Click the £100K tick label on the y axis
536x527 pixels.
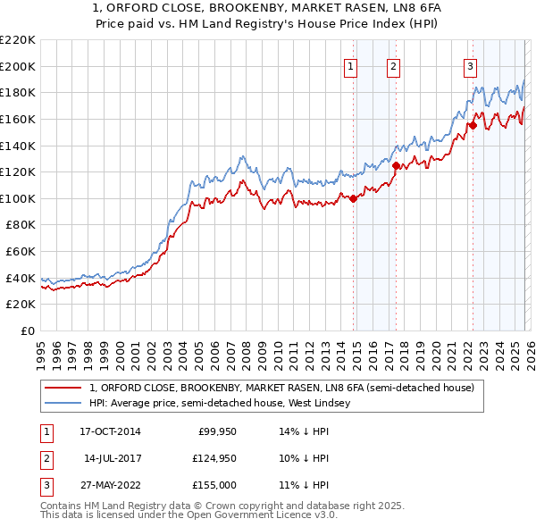[x=18, y=198]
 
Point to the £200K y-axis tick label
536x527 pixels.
[x=18, y=66]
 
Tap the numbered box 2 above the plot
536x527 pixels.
[x=393, y=65]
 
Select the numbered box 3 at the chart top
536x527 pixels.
[x=470, y=65]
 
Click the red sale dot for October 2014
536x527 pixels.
[x=354, y=198]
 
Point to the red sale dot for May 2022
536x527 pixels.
[x=473, y=125]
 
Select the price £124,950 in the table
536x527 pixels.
[x=213, y=458]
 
